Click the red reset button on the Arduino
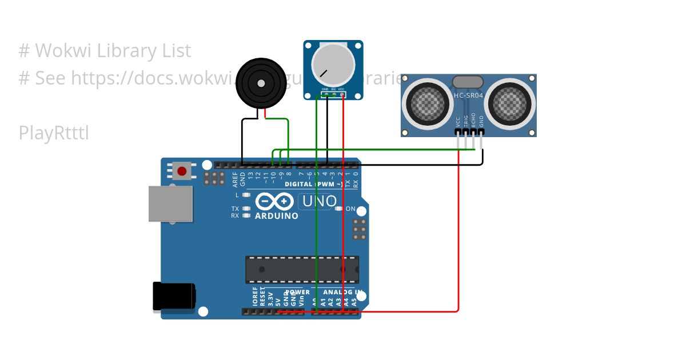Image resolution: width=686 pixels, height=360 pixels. coord(182,171)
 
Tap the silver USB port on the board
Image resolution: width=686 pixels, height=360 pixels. coord(170,203)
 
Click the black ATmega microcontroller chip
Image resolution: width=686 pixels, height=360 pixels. coord(302,269)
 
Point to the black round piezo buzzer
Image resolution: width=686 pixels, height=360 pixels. coord(261,83)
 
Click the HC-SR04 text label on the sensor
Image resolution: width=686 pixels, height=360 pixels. coord(468,95)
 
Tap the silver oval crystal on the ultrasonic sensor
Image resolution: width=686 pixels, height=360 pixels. coord(468,82)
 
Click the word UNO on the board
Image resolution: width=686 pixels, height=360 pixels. coord(319,201)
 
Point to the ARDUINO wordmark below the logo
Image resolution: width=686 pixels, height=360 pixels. coord(276,216)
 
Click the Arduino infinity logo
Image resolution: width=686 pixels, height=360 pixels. coord(275,201)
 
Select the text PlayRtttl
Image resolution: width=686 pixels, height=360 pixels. coord(54,133)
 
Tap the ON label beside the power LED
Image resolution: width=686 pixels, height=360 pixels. coord(350,209)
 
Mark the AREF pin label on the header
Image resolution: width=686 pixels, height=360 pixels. coord(235,179)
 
